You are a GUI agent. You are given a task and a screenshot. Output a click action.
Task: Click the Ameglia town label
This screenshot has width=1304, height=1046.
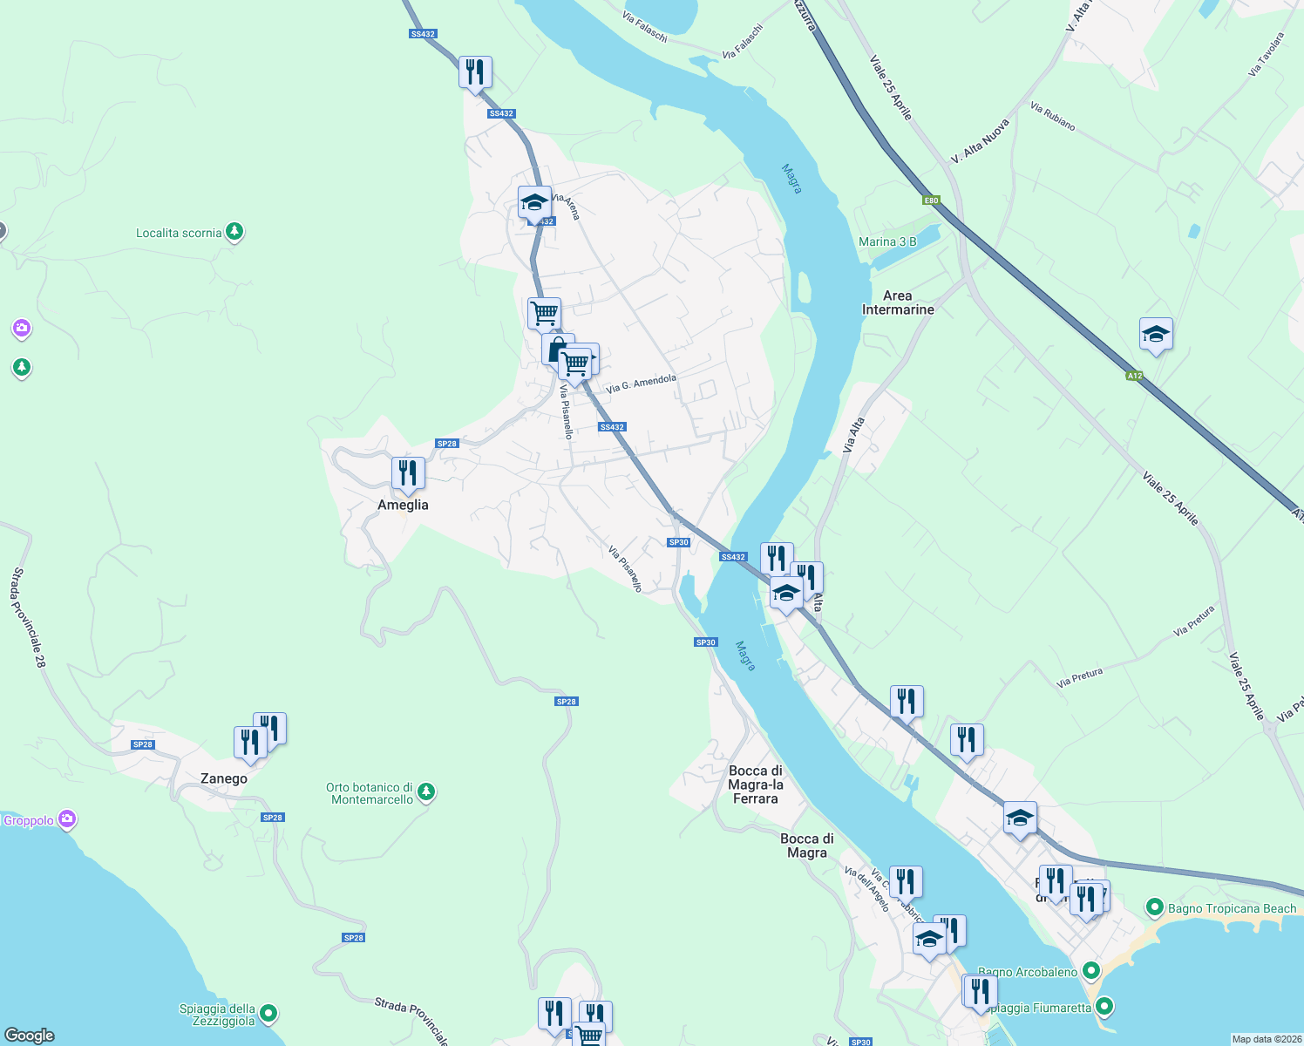403,505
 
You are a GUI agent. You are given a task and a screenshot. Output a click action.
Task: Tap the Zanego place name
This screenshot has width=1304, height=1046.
224,778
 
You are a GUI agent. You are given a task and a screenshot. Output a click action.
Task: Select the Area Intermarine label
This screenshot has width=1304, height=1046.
898,302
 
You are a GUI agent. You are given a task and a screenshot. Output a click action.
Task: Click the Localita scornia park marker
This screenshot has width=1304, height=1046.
234,232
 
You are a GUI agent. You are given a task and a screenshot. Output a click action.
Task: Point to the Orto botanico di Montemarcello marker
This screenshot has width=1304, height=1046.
425,792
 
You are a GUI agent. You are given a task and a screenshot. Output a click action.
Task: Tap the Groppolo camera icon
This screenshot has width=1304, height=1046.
66,819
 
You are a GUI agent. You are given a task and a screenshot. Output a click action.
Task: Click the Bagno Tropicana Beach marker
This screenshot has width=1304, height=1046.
1155,908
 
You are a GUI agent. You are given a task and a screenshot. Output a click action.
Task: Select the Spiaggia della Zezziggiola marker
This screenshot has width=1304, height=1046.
268,1013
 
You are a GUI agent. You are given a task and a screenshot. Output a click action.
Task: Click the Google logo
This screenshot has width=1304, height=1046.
30,1036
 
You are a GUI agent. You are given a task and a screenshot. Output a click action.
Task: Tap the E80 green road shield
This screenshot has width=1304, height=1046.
931,200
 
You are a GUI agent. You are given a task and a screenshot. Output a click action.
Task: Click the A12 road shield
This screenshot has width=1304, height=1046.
1133,376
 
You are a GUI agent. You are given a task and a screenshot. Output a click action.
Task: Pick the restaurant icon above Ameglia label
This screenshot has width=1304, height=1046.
408,473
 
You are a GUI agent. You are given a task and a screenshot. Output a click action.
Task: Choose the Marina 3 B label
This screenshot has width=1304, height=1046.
887,241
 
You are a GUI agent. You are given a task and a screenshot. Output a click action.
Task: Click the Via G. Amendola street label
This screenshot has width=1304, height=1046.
641,384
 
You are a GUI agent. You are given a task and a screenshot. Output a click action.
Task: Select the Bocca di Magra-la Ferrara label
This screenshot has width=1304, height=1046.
756,784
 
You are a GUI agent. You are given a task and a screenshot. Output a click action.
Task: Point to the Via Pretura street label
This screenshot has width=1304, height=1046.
1079,677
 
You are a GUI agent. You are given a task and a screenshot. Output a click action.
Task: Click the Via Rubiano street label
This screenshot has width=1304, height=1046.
1052,116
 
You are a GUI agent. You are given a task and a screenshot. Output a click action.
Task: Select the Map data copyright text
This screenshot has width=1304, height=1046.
1267,1039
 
